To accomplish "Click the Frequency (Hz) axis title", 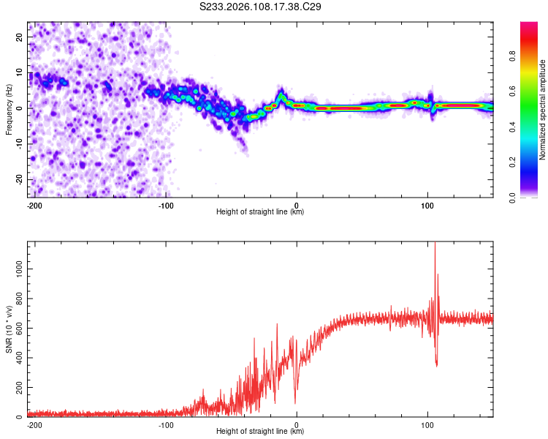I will (x=9, y=109).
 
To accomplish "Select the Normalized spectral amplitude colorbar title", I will (x=543, y=110).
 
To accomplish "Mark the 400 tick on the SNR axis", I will (x=16, y=359).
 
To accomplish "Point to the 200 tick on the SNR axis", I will (x=16, y=388).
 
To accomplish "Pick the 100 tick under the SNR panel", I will (x=427, y=425).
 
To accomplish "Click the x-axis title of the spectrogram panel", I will (x=260, y=213).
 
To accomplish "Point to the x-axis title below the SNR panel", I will (x=260, y=432).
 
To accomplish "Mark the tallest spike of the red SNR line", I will (x=435, y=244).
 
